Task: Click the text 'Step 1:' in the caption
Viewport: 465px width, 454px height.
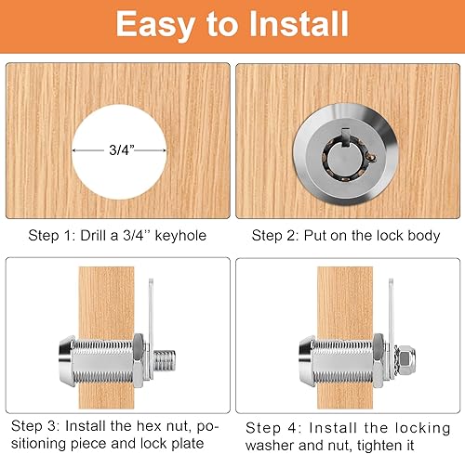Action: pos(53,235)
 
